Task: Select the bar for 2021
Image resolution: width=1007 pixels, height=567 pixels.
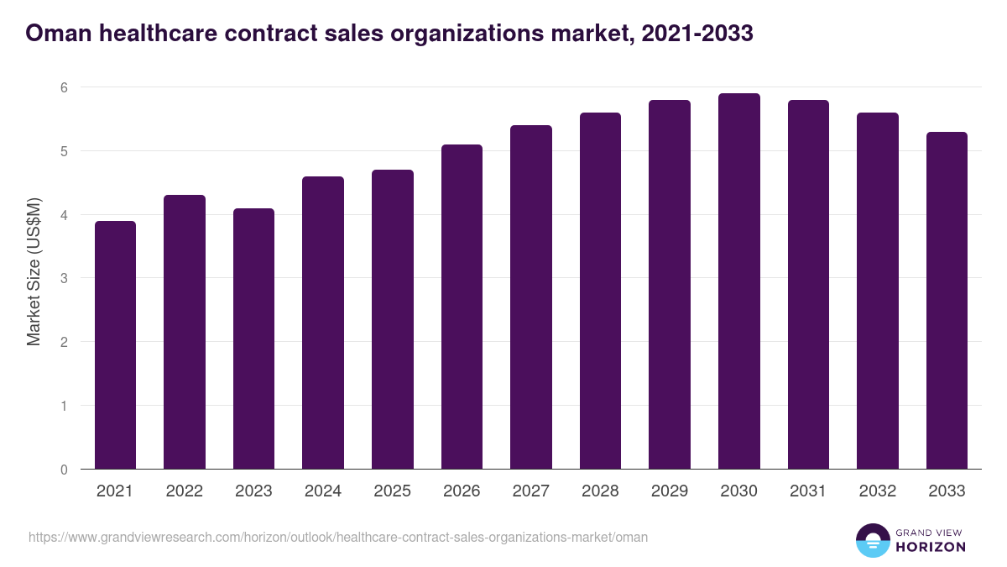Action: (115, 344)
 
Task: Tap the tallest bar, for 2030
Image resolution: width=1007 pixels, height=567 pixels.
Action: (738, 281)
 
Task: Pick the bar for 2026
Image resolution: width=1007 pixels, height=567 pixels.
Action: (462, 307)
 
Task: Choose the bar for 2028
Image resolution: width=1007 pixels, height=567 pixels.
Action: (600, 291)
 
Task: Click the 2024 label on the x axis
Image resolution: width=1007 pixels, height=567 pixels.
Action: (323, 491)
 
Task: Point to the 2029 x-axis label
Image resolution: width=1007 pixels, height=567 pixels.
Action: (669, 491)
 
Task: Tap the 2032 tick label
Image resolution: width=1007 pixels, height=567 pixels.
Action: (877, 491)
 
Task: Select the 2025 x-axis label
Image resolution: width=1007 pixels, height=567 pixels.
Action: (392, 491)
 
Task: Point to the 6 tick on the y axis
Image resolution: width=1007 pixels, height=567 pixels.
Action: (64, 87)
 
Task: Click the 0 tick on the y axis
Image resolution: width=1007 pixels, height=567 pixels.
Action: (64, 470)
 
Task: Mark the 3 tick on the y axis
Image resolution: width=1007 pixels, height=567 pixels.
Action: (64, 278)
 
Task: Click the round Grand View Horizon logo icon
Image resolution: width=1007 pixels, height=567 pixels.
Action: (872, 540)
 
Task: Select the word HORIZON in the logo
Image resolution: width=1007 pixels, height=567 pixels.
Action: (931, 547)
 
